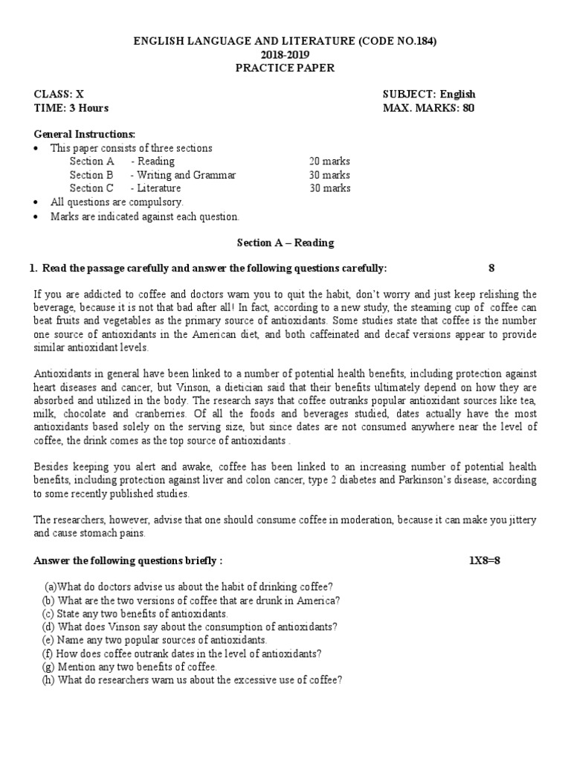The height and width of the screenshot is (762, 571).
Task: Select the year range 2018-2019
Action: [x=285, y=55]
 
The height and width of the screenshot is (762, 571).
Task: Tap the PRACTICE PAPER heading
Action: [x=285, y=68]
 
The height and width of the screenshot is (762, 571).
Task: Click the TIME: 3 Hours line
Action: [x=71, y=108]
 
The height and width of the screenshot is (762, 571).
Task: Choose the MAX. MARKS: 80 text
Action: [x=428, y=108]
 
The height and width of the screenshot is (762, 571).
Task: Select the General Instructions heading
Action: [x=86, y=135]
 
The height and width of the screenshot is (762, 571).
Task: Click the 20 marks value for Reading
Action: [x=330, y=161]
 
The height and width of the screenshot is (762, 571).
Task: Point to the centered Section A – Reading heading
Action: [x=285, y=243]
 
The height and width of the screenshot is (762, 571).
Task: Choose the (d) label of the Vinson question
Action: [x=48, y=627]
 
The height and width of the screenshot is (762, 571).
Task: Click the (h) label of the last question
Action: [x=48, y=680]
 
